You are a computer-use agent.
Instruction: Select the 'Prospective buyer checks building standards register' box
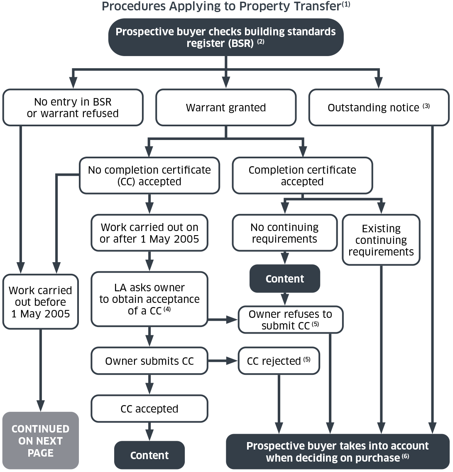pos(226,37)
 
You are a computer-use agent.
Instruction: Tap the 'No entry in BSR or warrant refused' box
pos(73,108)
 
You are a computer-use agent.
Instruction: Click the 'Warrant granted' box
pos(226,108)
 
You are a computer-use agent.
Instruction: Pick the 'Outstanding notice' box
pos(379,108)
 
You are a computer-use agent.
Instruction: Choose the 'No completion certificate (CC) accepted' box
pos(149,176)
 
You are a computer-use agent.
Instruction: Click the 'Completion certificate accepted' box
pos(302,176)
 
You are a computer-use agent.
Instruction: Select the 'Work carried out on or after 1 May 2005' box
pos(149,233)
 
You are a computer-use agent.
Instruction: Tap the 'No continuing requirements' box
pos(284,233)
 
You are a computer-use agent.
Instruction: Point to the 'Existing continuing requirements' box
pos(381,240)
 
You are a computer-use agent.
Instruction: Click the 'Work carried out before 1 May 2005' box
pos(40,302)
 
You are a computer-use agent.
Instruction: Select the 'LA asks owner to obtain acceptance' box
pos(149,299)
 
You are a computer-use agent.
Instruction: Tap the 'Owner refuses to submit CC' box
pos(291,320)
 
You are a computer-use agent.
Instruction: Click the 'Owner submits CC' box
pos(149,361)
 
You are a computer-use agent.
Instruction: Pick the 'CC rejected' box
pos(279,361)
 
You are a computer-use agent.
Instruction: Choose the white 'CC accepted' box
pos(149,409)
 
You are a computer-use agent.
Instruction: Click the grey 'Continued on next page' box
pos(40,441)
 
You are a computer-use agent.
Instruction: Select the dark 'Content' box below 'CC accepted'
pos(149,455)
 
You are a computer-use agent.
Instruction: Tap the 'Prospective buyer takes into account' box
pos(337,452)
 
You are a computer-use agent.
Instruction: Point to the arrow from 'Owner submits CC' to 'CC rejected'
pos(223,361)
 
